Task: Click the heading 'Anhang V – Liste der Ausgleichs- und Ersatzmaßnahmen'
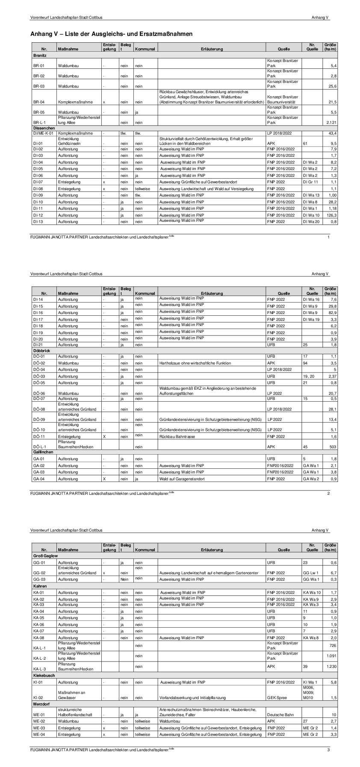point(111,34)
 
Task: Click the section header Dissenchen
point(44,128)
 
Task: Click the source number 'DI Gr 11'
point(310,182)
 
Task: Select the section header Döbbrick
point(41,351)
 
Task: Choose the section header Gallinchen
point(43,452)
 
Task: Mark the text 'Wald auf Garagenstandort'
point(182,479)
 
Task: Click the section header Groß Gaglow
point(45,555)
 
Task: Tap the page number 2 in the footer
point(328,494)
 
